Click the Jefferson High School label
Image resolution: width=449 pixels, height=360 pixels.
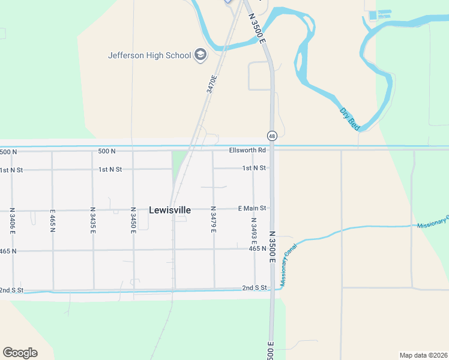click(149, 56)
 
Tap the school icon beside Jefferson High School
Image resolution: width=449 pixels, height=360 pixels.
click(200, 56)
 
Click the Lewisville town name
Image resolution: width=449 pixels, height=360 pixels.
click(170, 210)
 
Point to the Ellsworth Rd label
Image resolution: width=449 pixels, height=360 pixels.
click(247, 150)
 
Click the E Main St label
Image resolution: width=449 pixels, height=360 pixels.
click(252, 208)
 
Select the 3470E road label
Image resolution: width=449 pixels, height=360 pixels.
click(210, 83)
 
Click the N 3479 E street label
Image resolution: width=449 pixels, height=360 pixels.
click(213, 220)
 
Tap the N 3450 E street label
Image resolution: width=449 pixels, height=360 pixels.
click(133, 220)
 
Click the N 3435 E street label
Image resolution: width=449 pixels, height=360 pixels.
click(92, 220)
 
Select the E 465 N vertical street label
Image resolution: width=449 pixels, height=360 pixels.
click(53, 221)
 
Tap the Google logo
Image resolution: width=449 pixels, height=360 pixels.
click(20, 352)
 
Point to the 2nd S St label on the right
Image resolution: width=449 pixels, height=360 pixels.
click(255, 288)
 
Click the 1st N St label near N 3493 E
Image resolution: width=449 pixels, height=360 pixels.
click(254, 168)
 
